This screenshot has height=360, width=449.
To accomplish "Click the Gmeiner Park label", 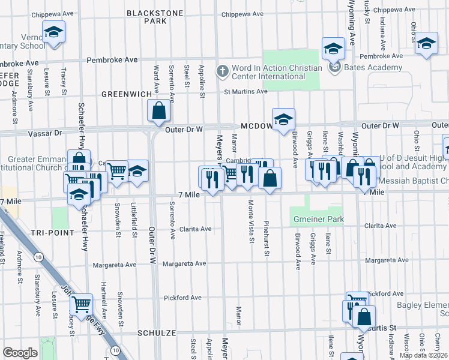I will tap(318, 220).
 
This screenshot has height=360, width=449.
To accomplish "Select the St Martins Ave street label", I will tap(246, 91).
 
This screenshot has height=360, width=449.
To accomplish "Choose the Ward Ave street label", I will tap(156, 79).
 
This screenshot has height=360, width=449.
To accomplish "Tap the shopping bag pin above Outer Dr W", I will tap(158, 111).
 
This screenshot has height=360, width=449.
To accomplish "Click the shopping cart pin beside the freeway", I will tap(81, 303).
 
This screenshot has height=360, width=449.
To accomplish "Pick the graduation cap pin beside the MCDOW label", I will tap(283, 119).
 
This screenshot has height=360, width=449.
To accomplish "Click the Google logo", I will tap(20, 353).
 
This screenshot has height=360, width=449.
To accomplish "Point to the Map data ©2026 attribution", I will tap(423, 355).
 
